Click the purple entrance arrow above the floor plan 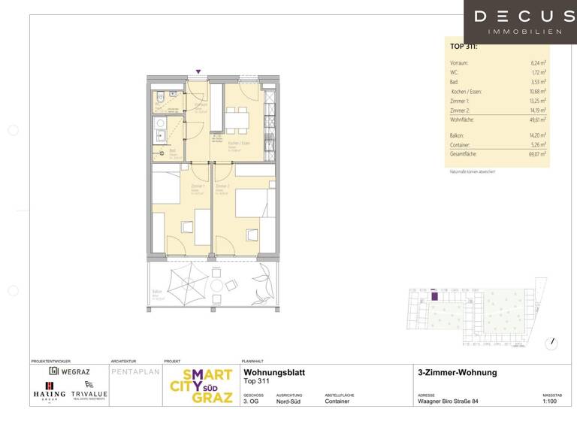coord(198,72)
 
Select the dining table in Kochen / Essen coord(237,119)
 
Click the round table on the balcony coord(216,286)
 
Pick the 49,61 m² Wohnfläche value coord(536,120)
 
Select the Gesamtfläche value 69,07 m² coord(536,153)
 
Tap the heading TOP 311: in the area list coord(463,47)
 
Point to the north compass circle coord(553,342)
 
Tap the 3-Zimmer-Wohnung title coord(457,373)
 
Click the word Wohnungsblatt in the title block coord(274,372)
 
